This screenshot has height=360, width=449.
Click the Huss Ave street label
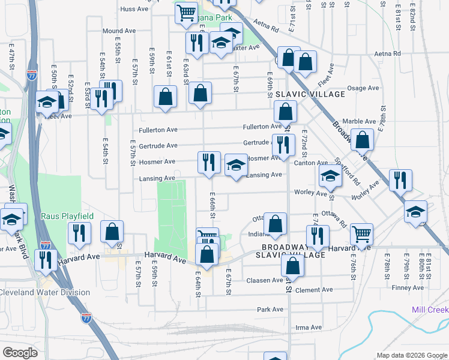point(134,9)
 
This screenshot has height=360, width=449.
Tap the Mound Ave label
point(119,31)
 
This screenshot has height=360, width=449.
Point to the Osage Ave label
point(363,88)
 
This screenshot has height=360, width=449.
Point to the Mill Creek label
point(430,310)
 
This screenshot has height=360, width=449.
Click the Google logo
point(20,353)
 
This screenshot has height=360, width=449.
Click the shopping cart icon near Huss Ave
point(187,11)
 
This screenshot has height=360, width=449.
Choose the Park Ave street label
point(270,310)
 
